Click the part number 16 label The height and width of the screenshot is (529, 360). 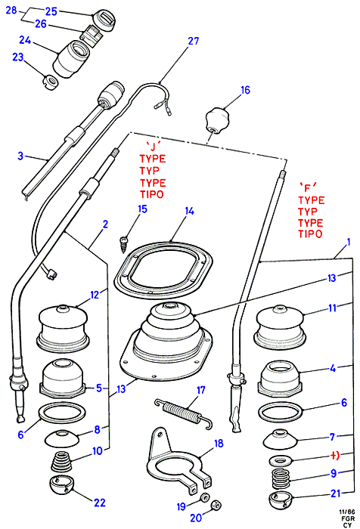(x=245, y=90)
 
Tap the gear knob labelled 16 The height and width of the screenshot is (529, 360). (x=217, y=121)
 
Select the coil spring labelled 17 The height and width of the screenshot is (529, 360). (x=184, y=413)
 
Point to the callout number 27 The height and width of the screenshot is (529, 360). (x=193, y=41)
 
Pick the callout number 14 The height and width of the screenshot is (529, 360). (x=190, y=211)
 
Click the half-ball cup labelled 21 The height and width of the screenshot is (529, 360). (x=281, y=502)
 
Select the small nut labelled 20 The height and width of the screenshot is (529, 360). (x=216, y=505)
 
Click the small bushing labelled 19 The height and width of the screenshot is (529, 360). (x=204, y=498)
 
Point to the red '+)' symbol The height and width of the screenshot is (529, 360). (x=334, y=455)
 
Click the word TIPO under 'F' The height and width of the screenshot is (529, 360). (x=310, y=234)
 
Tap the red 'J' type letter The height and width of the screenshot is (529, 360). (x=153, y=145)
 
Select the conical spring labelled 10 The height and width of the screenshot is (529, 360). (x=62, y=462)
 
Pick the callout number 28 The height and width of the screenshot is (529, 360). (x=11, y=10)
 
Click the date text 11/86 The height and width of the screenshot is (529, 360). (x=347, y=512)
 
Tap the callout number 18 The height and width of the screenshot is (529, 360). (x=219, y=444)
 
